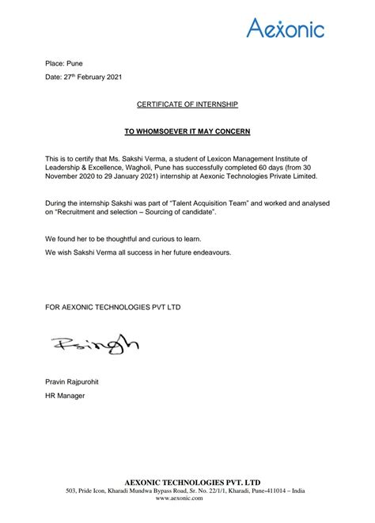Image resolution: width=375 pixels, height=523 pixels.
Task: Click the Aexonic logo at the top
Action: click(x=286, y=29)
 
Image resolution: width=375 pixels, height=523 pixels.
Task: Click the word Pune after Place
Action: click(x=74, y=63)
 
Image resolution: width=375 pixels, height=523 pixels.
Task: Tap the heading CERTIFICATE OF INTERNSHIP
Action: click(x=187, y=104)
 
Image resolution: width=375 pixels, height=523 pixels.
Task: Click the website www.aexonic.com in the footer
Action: click(x=187, y=499)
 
